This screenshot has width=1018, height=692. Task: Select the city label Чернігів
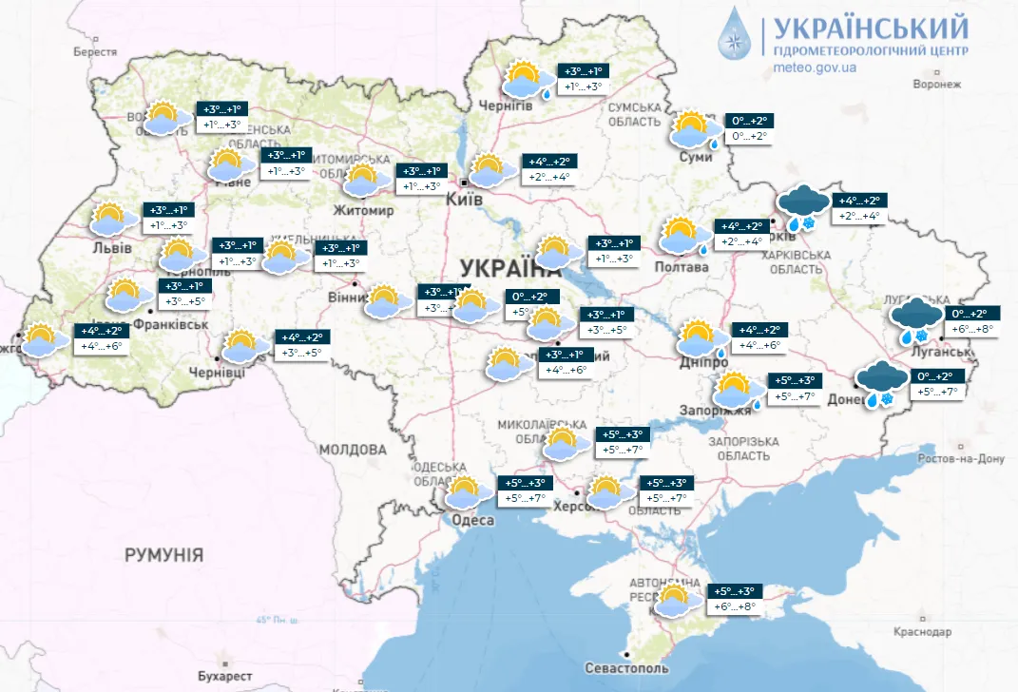506,106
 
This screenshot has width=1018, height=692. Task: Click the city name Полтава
682,267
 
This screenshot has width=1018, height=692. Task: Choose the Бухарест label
226,676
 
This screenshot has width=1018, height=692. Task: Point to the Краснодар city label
922,632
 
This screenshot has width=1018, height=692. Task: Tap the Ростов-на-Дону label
959,459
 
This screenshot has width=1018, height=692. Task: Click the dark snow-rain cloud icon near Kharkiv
801,208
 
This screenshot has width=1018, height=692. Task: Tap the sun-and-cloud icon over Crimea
674,602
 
